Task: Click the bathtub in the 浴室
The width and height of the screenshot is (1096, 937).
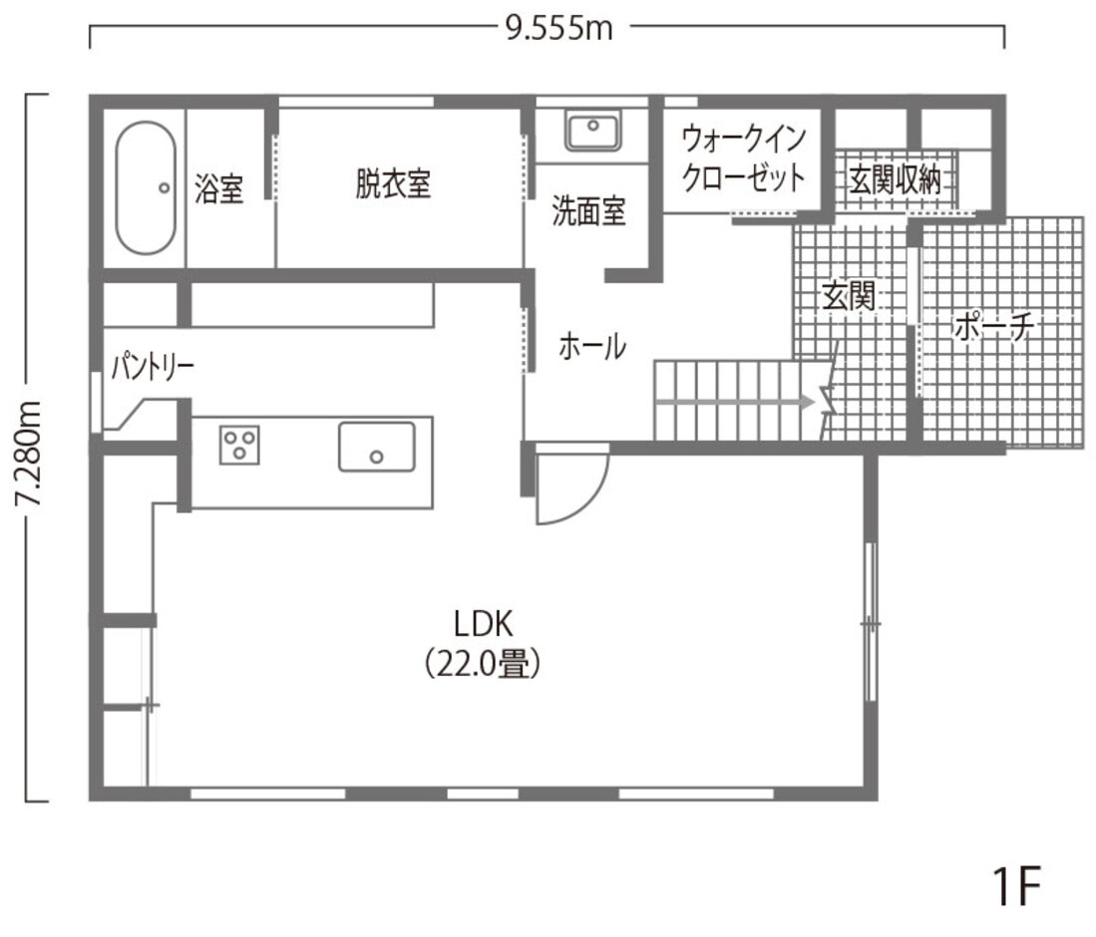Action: coord(146,187)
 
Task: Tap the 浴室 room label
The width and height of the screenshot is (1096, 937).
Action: coord(218,188)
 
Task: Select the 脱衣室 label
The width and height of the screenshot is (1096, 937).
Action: coord(393,183)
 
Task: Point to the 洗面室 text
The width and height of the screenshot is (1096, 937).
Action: coord(589,211)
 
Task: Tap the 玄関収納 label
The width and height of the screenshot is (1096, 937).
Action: coord(895,180)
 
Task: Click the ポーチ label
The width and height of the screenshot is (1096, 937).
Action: coord(989,327)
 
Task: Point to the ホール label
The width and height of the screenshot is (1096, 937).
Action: coord(592,347)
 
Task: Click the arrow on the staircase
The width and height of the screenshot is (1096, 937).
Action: coord(738,401)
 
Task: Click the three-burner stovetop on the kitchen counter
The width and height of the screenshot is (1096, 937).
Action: coord(239,444)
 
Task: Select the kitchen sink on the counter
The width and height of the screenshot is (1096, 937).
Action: coord(376,446)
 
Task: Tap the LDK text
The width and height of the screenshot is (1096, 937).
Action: coord(483,624)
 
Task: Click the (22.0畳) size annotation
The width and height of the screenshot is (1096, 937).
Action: coord(483,664)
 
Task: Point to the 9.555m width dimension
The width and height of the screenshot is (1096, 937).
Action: coord(558,28)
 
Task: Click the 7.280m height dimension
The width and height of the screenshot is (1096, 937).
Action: coord(30,454)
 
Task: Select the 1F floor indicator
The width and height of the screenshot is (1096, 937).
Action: coord(1016,884)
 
